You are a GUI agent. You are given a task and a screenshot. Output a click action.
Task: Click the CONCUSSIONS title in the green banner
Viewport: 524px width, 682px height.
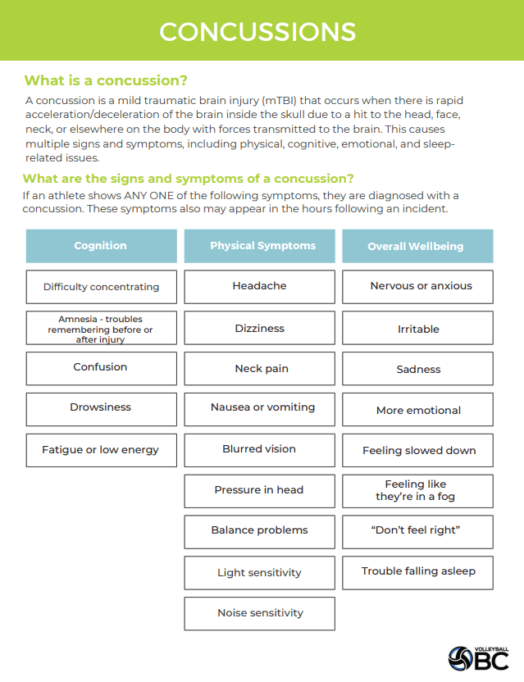pyautogui.click(x=257, y=31)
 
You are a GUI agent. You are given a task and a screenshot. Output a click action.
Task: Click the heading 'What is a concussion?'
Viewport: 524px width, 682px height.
pyautogui.click(x=106, y=80)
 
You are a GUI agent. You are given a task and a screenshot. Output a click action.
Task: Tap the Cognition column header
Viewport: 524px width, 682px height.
pyautogui.click(x=101, y=246)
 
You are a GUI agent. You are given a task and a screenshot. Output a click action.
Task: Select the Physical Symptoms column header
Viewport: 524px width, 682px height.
pyautogui.click(x=262, y=246)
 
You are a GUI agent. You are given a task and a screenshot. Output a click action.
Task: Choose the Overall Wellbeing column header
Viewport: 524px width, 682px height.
pyautogui.click(x=416, y=246)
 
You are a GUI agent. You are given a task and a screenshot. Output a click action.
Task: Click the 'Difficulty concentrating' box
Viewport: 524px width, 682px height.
pyautogui.click(x=101, y=287)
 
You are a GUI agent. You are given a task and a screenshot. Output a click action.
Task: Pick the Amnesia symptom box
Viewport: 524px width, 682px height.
pyautogui.click(x=101, y=328)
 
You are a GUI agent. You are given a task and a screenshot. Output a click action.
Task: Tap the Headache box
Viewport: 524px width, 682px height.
pyautogui.click(x=259, y=287)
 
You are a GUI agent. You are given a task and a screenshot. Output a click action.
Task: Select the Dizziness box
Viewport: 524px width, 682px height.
pyautogui.click(x=259, y=328)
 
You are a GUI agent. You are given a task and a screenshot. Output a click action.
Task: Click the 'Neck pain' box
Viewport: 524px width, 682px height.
pyautogui.click(x=259, y=369)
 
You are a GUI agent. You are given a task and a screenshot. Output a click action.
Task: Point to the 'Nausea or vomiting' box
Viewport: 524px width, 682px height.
pyautogui.click(x=259, y=407)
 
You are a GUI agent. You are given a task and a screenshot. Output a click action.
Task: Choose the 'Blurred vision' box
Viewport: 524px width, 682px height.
pyautogui.click(x=259, y=449)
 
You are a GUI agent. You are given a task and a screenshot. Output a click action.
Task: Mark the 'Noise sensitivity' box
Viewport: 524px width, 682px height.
pyautogui.click(x=259, y=613)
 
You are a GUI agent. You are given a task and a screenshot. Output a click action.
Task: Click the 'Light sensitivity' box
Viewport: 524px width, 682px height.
pyautogui.click(x=259, y=573)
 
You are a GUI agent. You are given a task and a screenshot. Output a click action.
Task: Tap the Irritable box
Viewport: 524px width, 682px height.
pyautogui.click(x=417, y=329)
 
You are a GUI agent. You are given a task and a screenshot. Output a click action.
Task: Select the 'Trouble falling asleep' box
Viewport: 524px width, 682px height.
pyautogui.click(x=417, y=571)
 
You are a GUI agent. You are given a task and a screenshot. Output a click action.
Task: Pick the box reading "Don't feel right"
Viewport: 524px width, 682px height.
pyautogui.click(x=417, y=530)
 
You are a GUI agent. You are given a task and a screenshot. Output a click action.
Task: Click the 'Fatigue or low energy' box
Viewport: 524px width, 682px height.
pyautogui.click(x=101, y=450)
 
